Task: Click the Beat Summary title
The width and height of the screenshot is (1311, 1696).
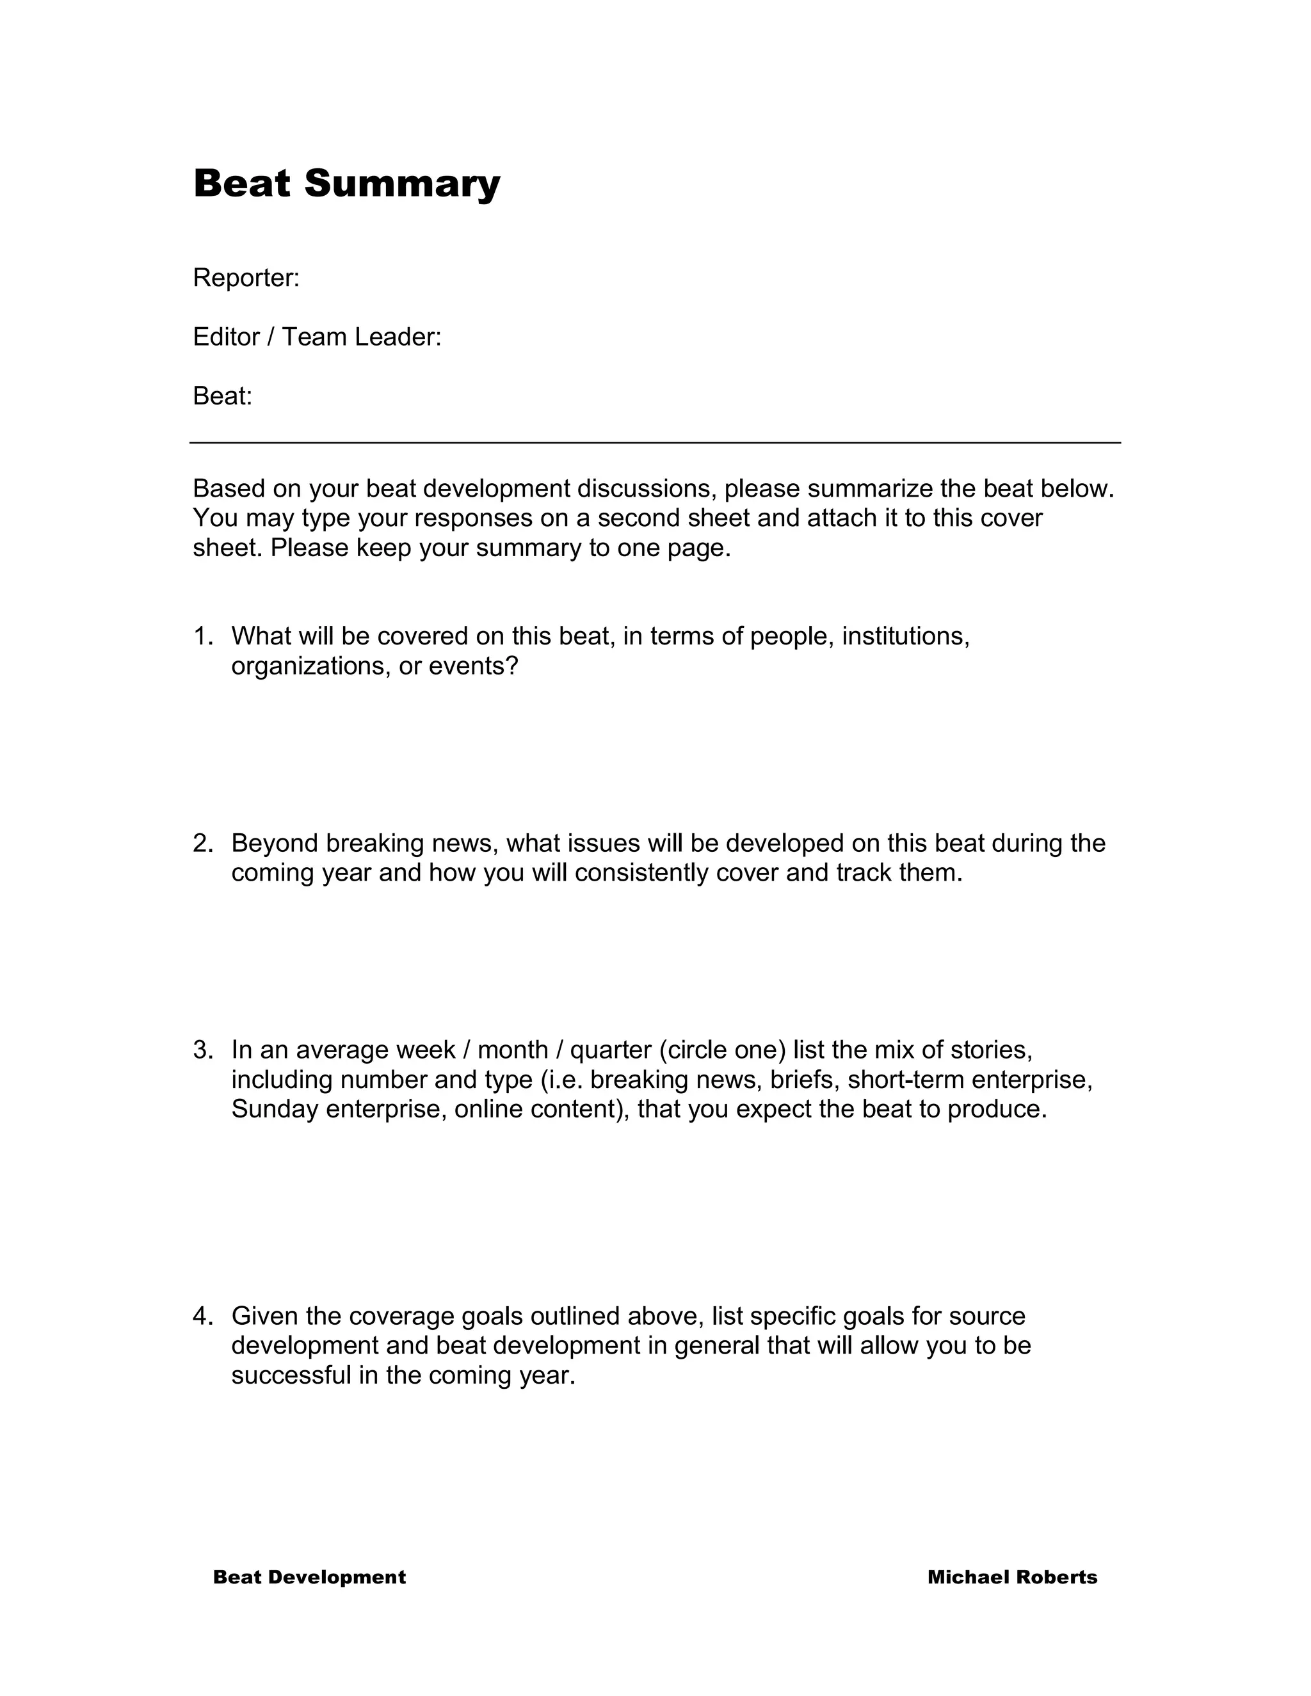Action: (x=346, y=184)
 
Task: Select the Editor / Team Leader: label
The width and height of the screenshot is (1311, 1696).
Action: (x=317, y=337)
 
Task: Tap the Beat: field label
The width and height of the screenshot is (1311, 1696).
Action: (x=223, y=396)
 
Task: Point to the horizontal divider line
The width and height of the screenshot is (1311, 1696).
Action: (x=655, y=443)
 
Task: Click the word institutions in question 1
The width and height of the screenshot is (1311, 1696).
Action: (x=906, y=636)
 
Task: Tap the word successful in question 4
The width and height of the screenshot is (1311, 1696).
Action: (x=292, y=1375)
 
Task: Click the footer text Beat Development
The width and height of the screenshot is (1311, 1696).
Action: (x=309, y=1577)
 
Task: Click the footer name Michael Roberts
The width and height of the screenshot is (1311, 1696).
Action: (x=1012, y=1577)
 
